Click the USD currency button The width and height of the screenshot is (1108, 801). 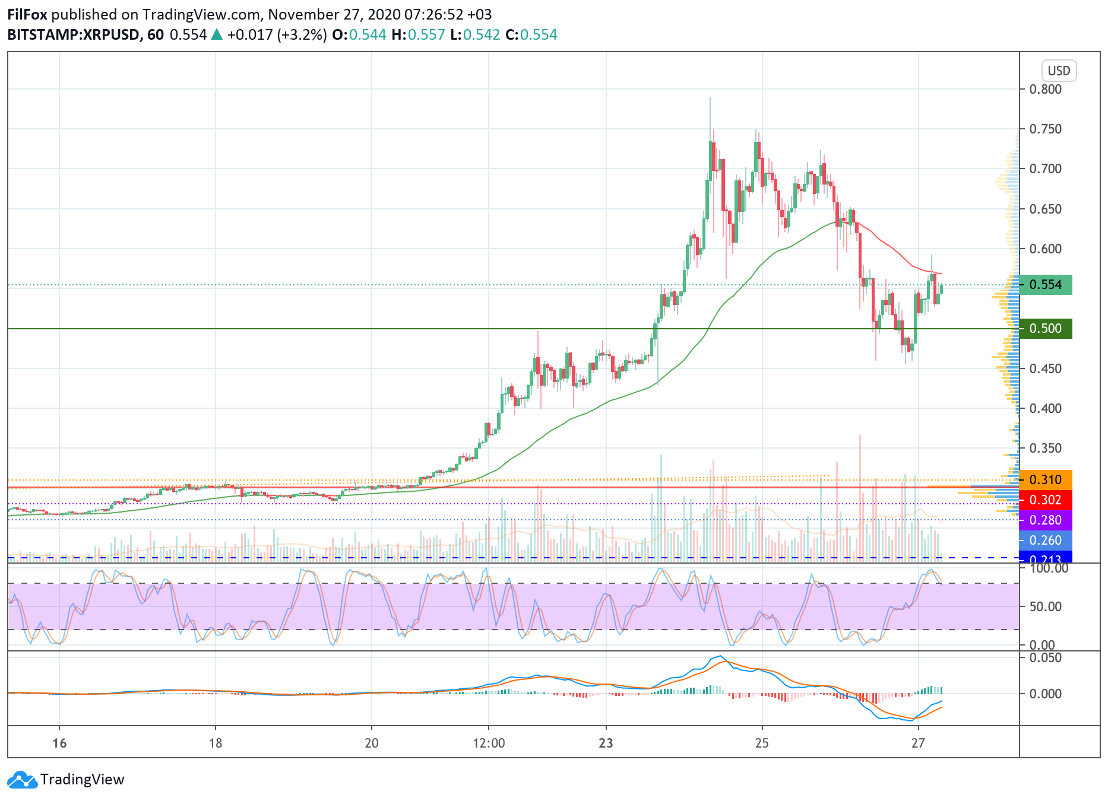pyautogui.click(x=1058, y=71)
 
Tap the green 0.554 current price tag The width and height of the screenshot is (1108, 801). pyautogui.click(x=1045, y=285)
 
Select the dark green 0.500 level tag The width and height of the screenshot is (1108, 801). pyautogui.click(x=1045, y=329)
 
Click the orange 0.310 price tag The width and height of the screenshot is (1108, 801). pyautogui.click(x=1045, y=480)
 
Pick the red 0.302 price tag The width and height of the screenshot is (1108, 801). pyautogui.click(x=1045, y=500)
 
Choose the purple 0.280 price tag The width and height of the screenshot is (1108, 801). pyautogui.click(x=1045, y=520)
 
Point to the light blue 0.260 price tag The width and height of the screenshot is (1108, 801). pyautogui.click(x=1045, y=541)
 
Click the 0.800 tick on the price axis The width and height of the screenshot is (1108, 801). pyautogui.click(x=1045, y=90)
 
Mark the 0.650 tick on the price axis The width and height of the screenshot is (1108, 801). pyautogui.click(x=1045, y=209)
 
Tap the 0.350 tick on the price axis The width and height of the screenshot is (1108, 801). pyautogui.click(x=1045, y=449)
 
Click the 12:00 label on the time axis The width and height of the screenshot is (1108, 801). pyautogui.click(x=489, y=743)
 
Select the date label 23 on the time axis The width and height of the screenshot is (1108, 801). pyautogui.click(x=606, y=743)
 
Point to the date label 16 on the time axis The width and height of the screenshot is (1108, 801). pyautogui.click(x=59, y=743)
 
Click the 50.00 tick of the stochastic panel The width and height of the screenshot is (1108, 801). pyautogui.click(x=1045, y=606)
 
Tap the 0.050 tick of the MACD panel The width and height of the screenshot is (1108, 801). pyautogui.click(x=1045, y=658)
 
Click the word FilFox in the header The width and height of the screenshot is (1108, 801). pyautogui.click(x=27, y=15)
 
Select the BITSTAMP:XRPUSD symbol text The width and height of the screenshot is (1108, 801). pyautogui.click(x=74, y=35)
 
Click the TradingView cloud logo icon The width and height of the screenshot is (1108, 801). pyautogui.click(x=23, y=780)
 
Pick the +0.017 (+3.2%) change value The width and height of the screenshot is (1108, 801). pyautogui.click(x=277, y=35)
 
